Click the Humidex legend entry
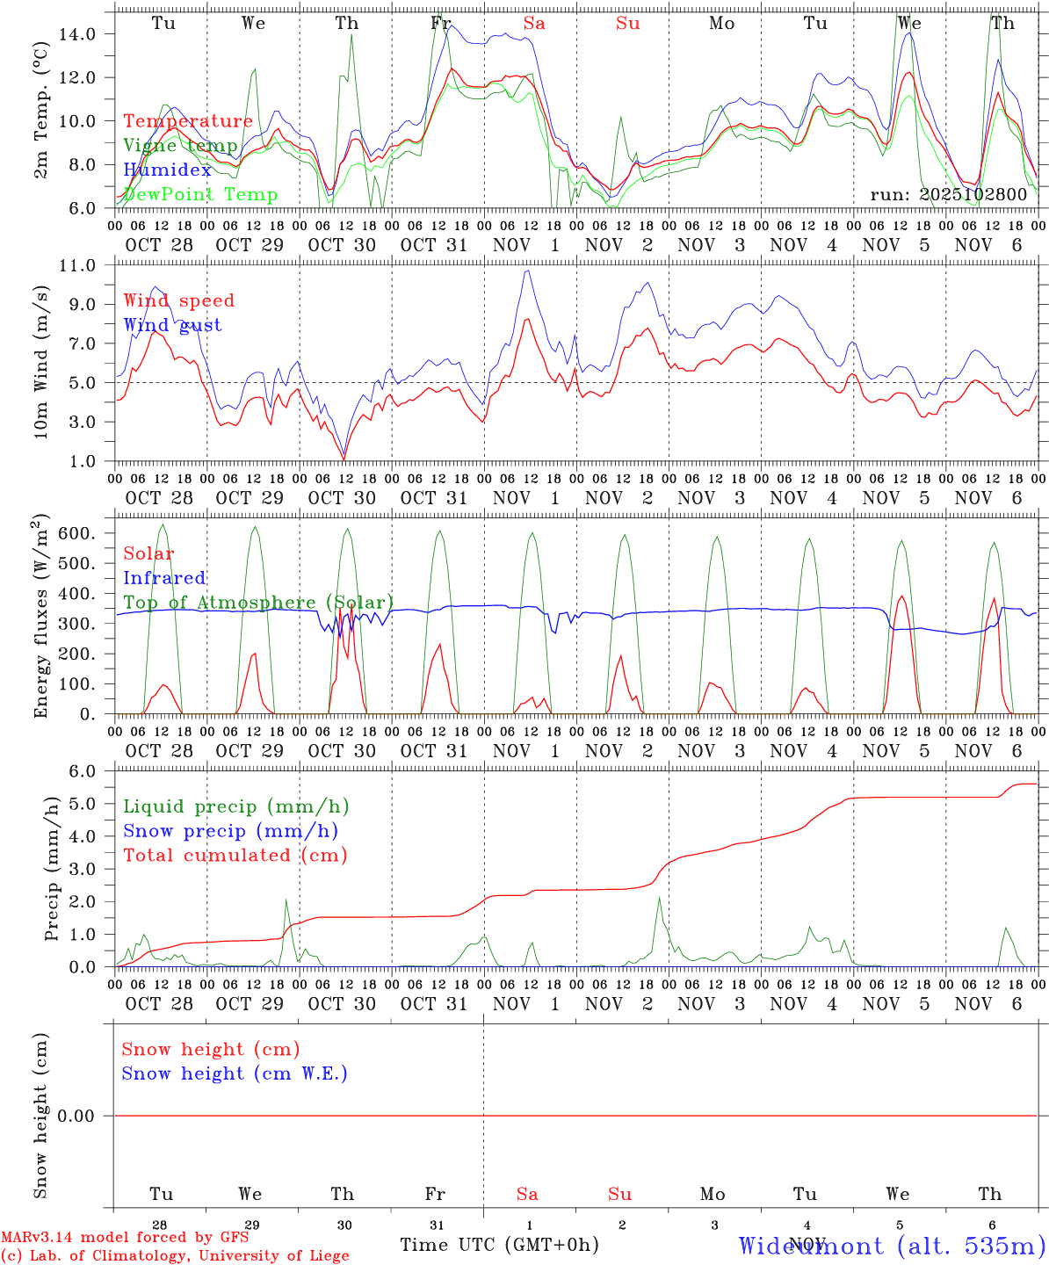click(x=167, y=170)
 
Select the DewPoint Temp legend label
click(x=200, y=194)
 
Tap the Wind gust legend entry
click(x=172, y=325)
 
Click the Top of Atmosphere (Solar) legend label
click(x=257, y=603)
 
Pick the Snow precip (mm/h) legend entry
click(x=230, y=831)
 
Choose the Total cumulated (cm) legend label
click(x=235, y=856)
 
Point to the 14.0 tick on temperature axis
click(x=77, y=34)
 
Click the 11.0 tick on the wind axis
click(x=77, y=265)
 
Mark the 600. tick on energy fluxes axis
click(x=77, y=534)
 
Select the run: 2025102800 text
click(x=948, y=194)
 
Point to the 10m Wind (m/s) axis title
click(x=41, y=363)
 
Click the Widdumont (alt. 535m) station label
click(x=892, y=1246)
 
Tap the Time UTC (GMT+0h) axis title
click(x=499, y=1245)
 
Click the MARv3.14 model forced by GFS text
click(x=124, y=1238)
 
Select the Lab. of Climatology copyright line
click(x=175, y=1256)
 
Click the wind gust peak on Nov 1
click(x=527, y=271)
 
